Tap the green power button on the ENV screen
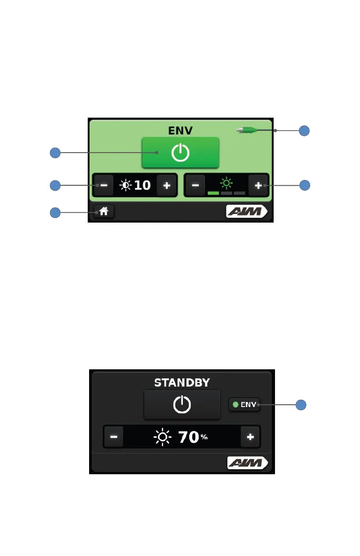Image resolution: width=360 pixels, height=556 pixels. tap(180, 153)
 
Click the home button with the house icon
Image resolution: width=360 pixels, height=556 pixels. tap(105, 211)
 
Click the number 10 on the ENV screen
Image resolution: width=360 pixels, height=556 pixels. tap(142, 185)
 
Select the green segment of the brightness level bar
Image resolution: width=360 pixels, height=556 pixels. tap(213, 193)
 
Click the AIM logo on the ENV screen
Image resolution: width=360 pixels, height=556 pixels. tap(247, 212)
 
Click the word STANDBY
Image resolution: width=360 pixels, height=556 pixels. tap(182, 382)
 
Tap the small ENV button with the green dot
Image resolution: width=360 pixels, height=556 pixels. tap(245, 404)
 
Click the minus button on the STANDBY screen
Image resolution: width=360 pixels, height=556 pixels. tap(114, 437)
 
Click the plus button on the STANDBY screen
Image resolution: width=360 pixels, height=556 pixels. tap(250, 437)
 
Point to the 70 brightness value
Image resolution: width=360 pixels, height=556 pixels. tap(189, 437)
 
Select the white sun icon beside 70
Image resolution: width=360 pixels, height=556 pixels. tap(163, 437)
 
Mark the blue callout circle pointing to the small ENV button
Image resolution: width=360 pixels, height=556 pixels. tap(304, 404)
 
